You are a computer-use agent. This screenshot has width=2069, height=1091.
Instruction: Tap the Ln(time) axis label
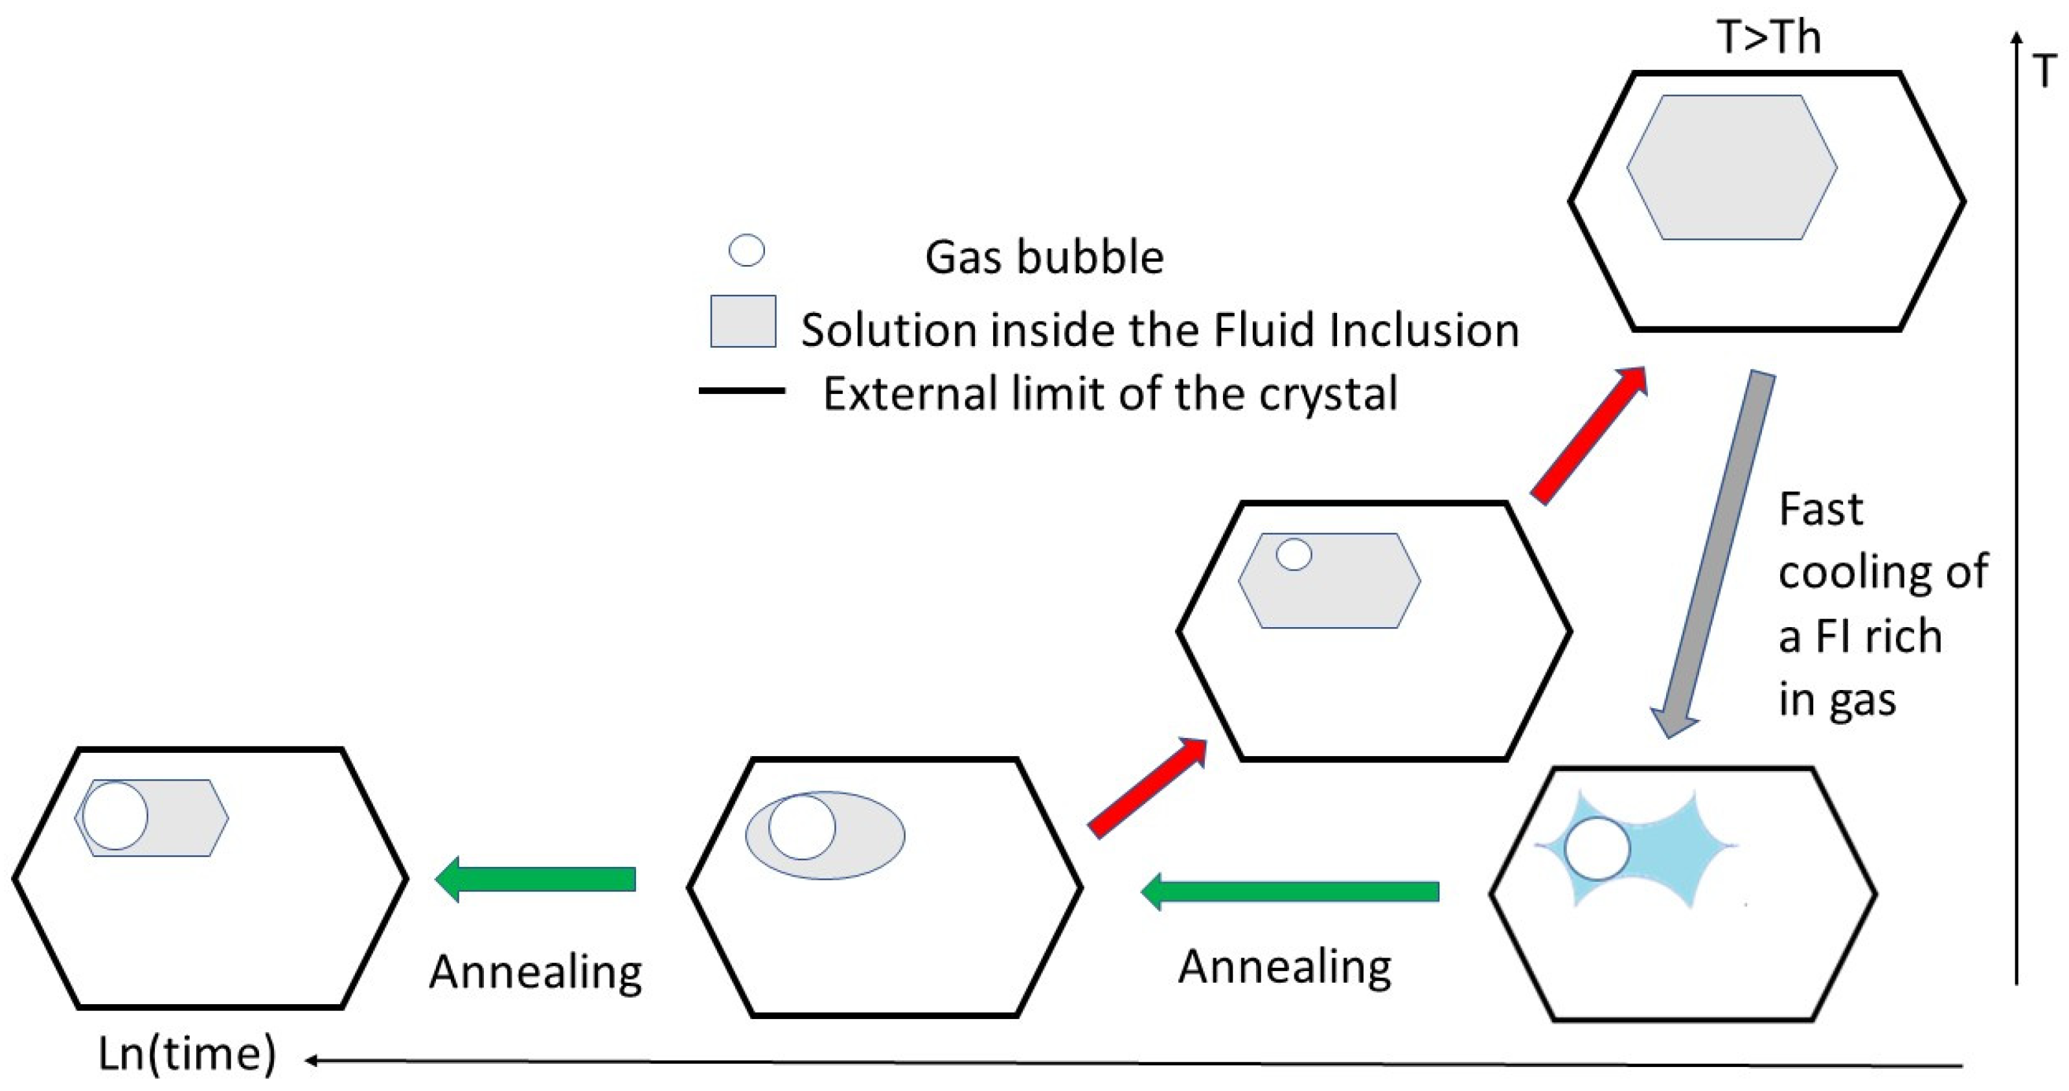[187, 1053]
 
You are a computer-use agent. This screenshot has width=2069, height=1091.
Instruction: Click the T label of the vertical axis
[2046, 71]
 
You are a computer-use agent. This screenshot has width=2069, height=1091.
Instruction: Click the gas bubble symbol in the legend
[746, 251]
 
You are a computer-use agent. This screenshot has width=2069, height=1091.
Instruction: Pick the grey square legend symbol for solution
[743, 321]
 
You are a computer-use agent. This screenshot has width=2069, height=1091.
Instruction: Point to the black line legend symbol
[741, 391]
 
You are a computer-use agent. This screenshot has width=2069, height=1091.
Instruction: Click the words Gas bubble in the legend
[1044, 258]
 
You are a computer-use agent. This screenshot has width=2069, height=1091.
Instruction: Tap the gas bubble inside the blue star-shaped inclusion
[1597, 849]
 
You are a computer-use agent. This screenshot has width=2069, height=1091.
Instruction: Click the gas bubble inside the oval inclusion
[801, 827]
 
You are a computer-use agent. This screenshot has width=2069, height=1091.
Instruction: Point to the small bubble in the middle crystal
[1294, 555]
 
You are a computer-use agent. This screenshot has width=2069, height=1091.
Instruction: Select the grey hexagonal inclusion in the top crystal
[1732, 167]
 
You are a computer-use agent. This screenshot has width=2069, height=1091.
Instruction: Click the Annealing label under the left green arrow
[536, 972]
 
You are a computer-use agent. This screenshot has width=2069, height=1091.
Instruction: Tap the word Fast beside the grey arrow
[1820, 509]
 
